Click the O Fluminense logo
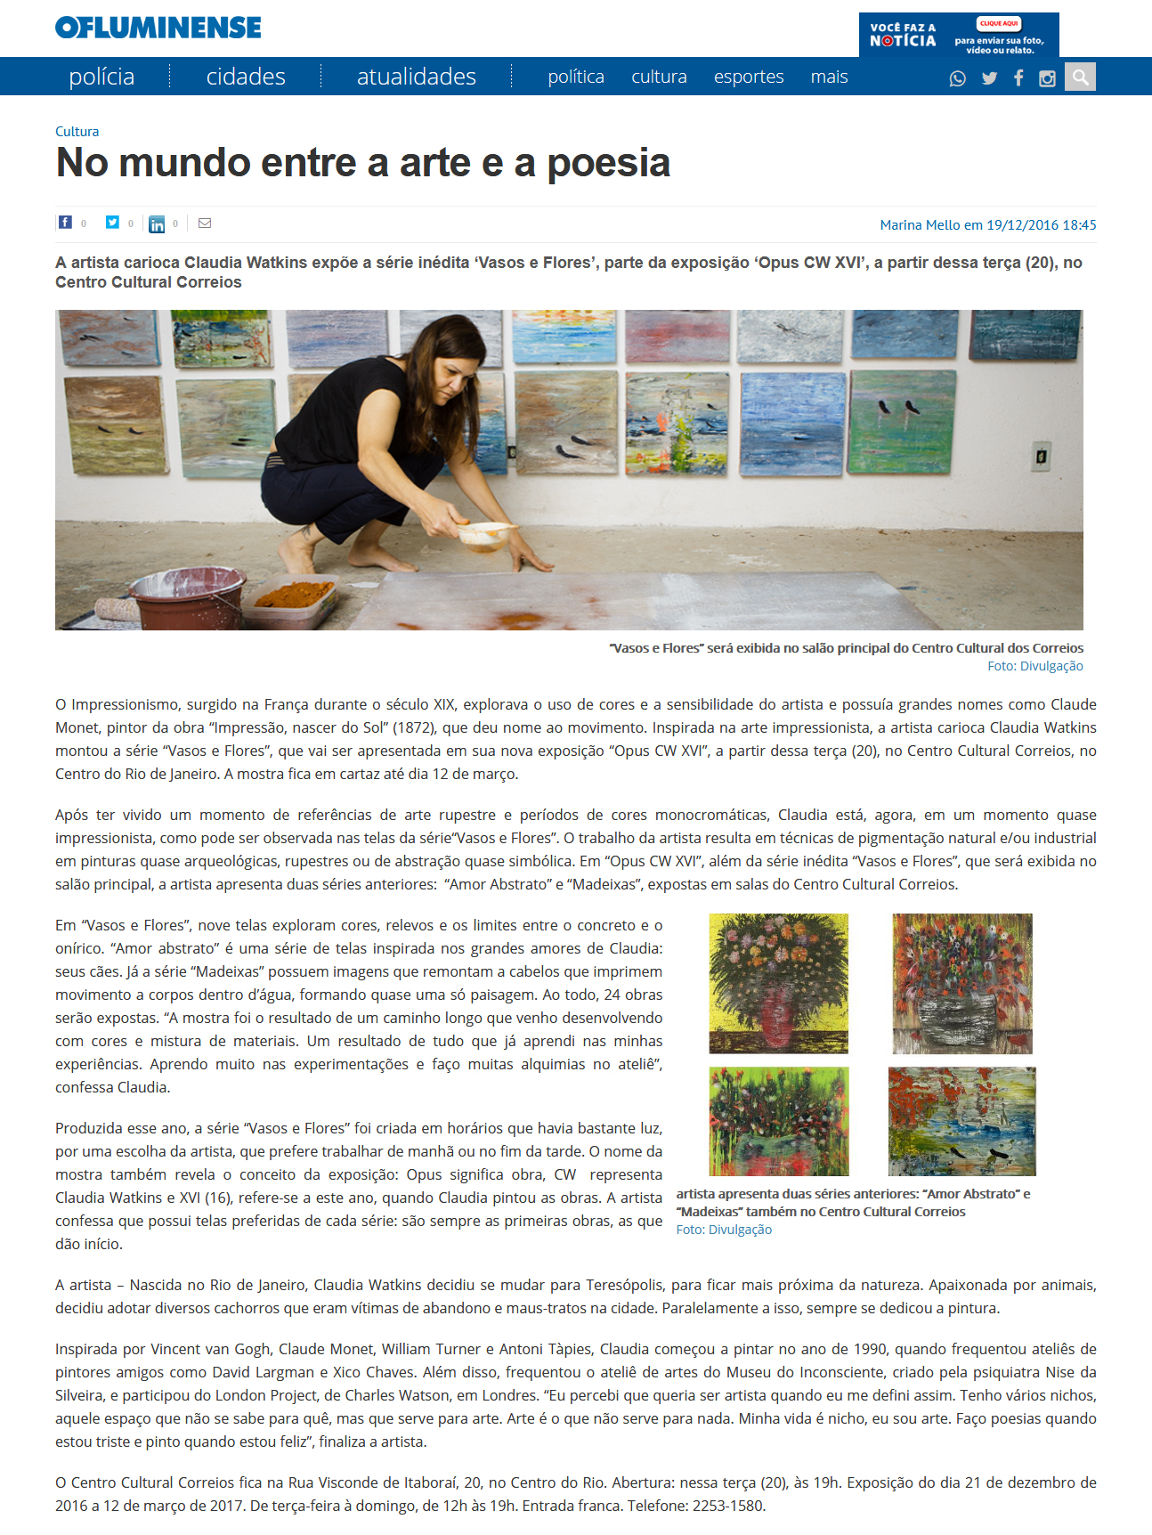click(x=158, y=28)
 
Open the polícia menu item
click(x=101, y=77)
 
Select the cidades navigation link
click(x=246, y=77)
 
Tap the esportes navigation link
click(x=749, y=77)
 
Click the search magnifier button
click(x=1080, y=77)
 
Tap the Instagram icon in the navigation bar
click(x=1047, y=78)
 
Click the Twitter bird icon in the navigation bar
click(x=989, y=78)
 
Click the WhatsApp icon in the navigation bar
click(x=958, y=78)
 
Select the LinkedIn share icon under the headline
click(x=157, y=223)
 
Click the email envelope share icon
click(x=205, y=223)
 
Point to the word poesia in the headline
click(x=608, y=163)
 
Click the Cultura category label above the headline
click(x=77, y=131)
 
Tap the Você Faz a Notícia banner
click(x=959, y=35)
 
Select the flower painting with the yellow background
click(x=779, y=983)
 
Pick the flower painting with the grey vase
click(x=962, y=983)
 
